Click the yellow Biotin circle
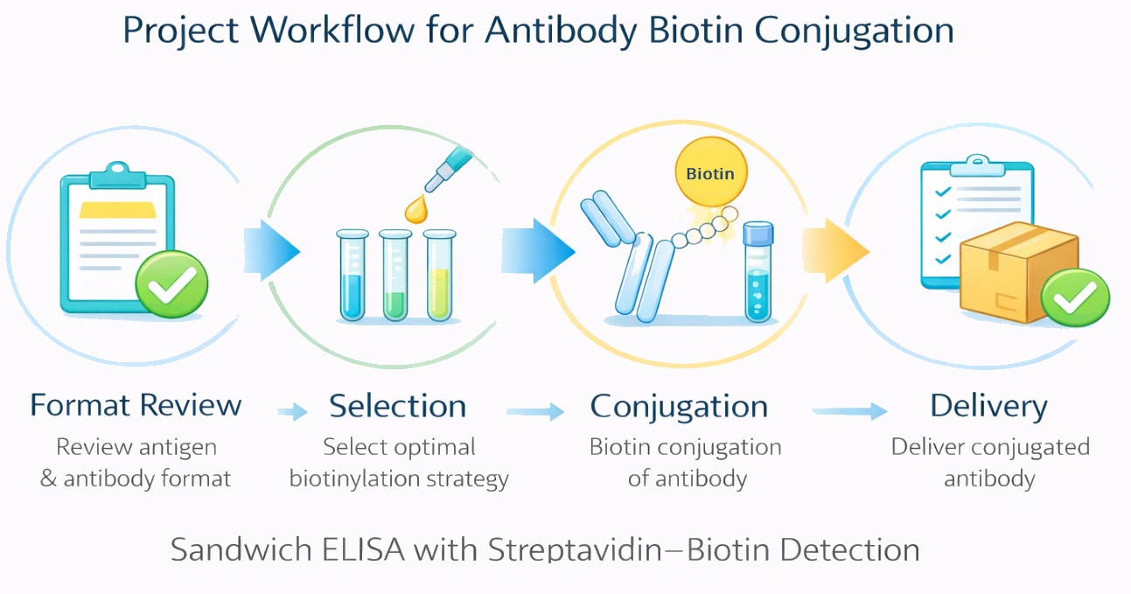coord(710,172)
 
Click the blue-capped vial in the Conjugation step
coord(757,271)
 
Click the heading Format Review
coord(136,406)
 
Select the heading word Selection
coord(397,406)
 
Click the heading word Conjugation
coord(679,406)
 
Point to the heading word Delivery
coord(988,406)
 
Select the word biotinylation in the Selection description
coord(352,479)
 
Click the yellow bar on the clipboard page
coord(117,210)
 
